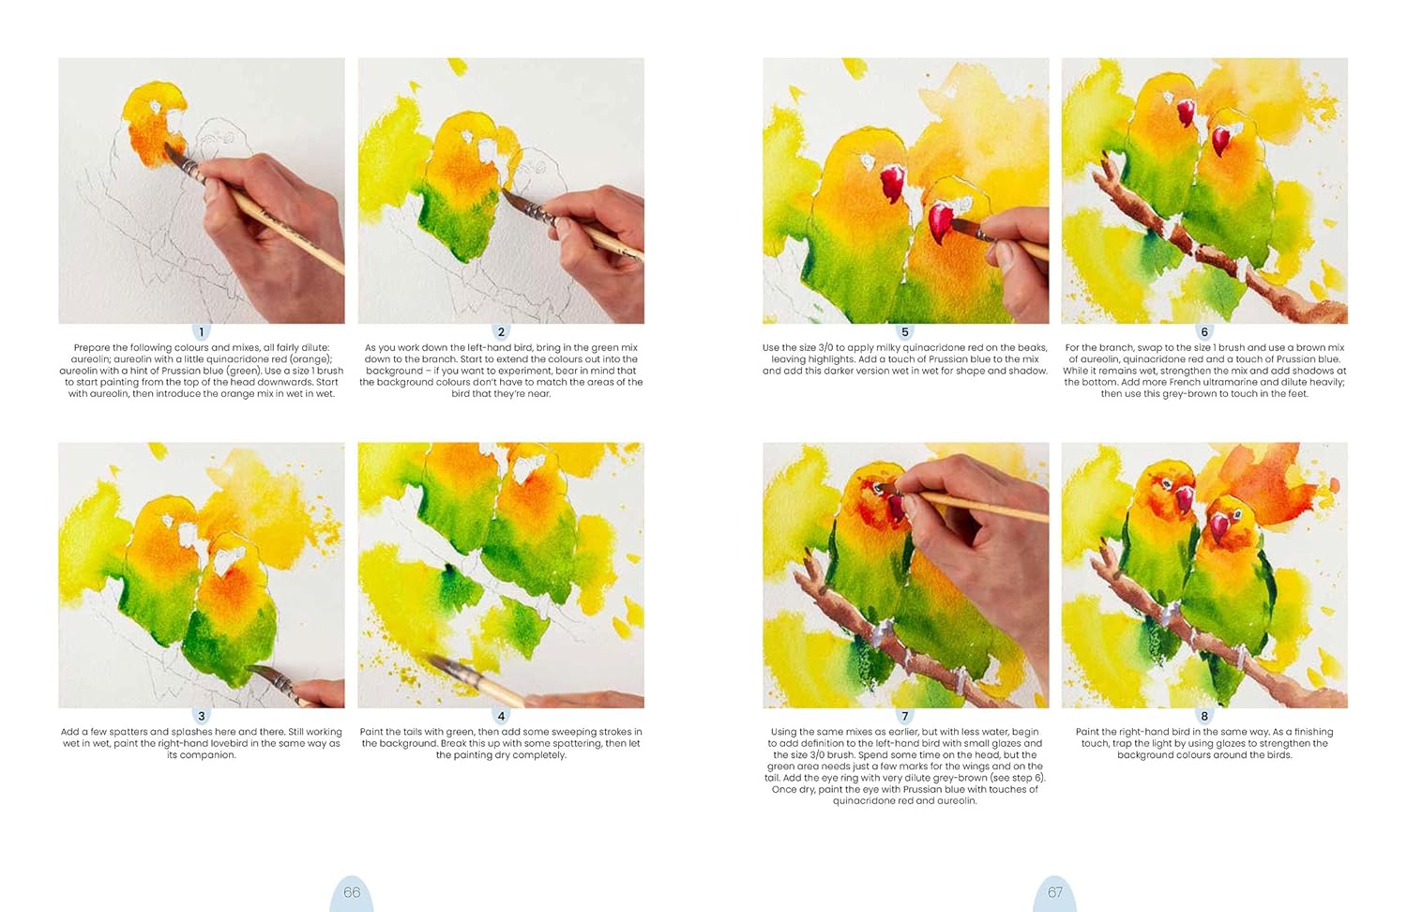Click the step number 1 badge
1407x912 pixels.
tap(201, 332)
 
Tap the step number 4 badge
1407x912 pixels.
tap(501, 717)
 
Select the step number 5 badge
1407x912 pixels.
tap(904, 332)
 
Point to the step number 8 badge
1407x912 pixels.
tap(1204, 717)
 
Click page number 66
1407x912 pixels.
tap(352, 892)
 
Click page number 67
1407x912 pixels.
tap(1054, 892)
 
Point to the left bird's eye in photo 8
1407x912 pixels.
tap(1166, 483)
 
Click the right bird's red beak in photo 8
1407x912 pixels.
tap(1219, 527)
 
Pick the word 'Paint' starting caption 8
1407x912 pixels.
tap(1088, 732)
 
